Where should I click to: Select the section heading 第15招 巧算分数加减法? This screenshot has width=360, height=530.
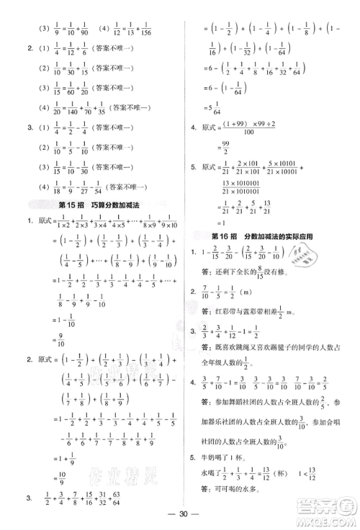click(x=98, y=205)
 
